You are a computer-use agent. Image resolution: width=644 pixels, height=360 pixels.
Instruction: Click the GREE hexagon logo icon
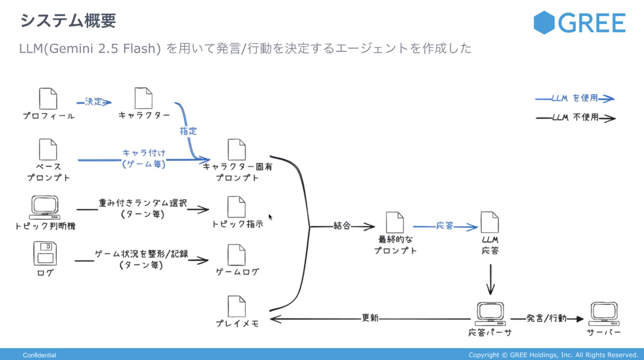coord(545,22)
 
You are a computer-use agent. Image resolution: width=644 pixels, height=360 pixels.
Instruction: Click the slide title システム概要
coord(68,21)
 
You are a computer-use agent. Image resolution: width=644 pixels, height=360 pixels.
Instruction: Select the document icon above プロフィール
coord(48,99)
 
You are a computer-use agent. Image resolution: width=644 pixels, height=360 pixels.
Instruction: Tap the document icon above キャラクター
coord(144,98)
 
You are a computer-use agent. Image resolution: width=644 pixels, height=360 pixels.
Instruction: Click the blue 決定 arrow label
coord(94,102)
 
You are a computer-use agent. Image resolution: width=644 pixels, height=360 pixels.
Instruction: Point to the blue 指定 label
coord(188,131)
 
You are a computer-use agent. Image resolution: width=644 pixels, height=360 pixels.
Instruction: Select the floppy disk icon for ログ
coord(45,254)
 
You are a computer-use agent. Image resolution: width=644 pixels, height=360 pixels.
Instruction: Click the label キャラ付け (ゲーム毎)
coord(144,158)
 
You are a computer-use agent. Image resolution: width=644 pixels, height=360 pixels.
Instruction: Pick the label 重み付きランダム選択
coord(143,204)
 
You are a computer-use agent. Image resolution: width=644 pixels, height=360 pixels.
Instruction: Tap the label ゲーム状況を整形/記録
coord(142,254)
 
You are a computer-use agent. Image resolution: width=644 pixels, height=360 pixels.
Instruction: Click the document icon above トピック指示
coord(237,207)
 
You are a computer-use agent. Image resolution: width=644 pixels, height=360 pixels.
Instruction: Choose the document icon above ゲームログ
coord(237,255)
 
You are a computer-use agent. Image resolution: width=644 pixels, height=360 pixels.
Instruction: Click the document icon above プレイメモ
coord(237,307)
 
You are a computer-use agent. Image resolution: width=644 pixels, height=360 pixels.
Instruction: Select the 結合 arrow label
coord(342,226)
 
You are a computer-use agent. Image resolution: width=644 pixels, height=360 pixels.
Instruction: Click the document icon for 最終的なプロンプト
coord(395,223)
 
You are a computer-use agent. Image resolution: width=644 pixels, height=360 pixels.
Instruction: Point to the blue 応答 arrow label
coord(445,226)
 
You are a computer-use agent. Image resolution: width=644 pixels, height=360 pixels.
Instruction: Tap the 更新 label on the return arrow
coord(370,318)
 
